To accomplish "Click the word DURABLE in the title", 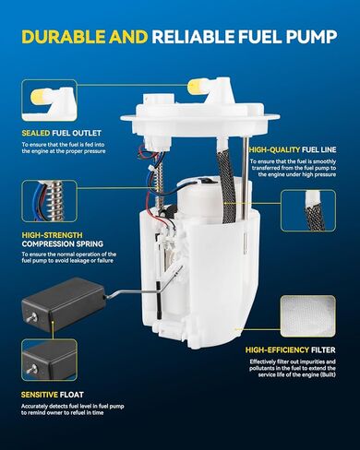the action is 64,37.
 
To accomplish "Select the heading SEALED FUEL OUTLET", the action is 61,133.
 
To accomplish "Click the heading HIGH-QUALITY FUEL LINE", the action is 293,149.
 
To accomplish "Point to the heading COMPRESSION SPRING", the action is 63,244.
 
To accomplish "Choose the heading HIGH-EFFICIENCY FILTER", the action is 290,349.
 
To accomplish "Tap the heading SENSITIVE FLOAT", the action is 53,395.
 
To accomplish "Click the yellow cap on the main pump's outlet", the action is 197,87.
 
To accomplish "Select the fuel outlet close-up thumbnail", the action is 49,101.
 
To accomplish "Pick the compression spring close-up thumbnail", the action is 49,201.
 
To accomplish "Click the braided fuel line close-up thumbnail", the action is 308,211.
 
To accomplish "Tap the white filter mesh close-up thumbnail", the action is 308,316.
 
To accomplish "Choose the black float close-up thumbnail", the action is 49,360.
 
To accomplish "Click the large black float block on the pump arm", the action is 64,303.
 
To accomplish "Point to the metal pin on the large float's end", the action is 31,316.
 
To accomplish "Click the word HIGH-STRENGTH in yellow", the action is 53,235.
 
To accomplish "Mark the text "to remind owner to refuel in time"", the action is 63,413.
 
